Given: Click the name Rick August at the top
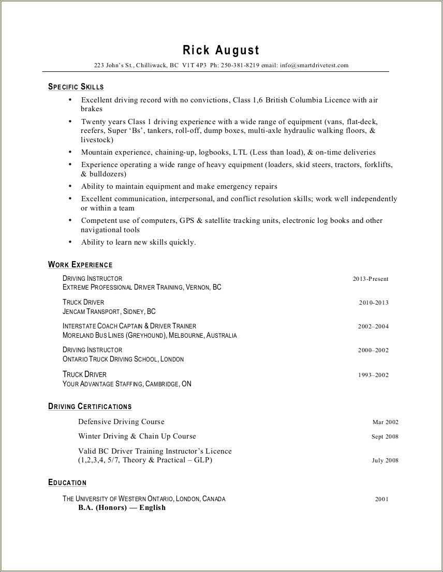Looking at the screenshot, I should pyautogui.click(x=221, y=50).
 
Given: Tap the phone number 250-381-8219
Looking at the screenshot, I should pyautogui.click(x=240, y=66).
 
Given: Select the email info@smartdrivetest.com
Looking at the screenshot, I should pyautogui.click(x=314, y=66).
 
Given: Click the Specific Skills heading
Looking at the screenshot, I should pyautogui.click(x=76, y=87).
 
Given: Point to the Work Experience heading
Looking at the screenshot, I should pyautogui.click(x=80, y=265).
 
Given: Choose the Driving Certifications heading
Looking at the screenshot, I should pyautogui.click(x=90, y=407).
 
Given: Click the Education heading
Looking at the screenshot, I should pyautogui.click(x=67, y=483).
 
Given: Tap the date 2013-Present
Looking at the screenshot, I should pyautogui.click(x=371, y=279).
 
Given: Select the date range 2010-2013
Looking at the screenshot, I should pyautogui.click(x=374, y=303).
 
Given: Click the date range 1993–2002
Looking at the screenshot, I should pyautogui.click(x=373, y=375).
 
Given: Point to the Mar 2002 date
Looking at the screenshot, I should pyautogui.click(x=386, y=422).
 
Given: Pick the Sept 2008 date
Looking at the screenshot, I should pyautogui.click(x=385, y=436).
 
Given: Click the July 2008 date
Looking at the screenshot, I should pyautogui.click(x=385, y=460).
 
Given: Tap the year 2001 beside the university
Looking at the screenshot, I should pyautogui.click(x=382, y=499).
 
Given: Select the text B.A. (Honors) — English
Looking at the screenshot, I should pyautogui.click(x=122, y=507).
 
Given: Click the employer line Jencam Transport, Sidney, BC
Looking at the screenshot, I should pyautogui.click(x=109, y=312).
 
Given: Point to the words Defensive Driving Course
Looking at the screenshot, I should pyautogui.click(x=121, y=422).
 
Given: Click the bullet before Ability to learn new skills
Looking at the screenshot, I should pyautogui.click(x=70, y=242).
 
